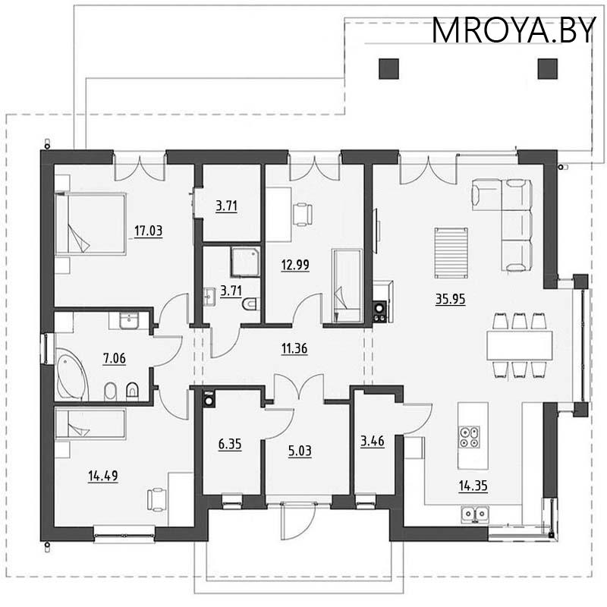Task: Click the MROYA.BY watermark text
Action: click(514, 30)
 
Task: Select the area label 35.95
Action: click(450, 298)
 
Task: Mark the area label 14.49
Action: click(102, 476)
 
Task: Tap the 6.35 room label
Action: click(229, 444)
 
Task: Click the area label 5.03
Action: click(300, 449)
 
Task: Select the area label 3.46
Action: click(372, 439)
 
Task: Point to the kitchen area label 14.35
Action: click(473, 486)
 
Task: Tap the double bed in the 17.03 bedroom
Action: click(90, 224)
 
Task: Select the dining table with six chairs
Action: click(519, 343)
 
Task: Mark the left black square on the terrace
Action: click(388, 68)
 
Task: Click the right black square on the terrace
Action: click(546, 68)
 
